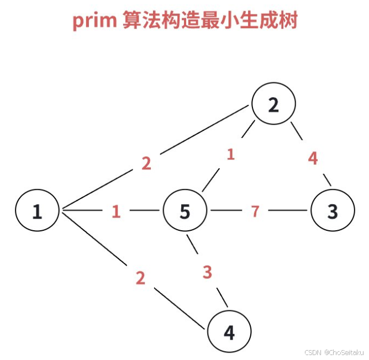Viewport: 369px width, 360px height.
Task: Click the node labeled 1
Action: [x=37, y=211]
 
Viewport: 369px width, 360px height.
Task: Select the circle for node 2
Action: [x=273, y=104]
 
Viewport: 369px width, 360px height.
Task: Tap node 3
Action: [x=332, y=211]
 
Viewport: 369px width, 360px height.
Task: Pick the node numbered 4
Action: [x=229, y=332]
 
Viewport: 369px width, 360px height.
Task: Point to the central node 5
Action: [x=185, y=211]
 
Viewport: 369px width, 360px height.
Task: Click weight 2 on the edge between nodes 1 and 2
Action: [x=146, y=163]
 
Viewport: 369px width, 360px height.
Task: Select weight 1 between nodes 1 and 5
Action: [x=116, y=211]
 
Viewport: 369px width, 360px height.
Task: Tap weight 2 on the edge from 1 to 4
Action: [x=140, y=278]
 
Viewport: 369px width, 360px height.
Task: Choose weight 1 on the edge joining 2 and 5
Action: [x=230, y=154]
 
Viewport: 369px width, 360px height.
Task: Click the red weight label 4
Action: [x=313, y=158]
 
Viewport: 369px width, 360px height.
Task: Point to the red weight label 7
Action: [x=255, y=211]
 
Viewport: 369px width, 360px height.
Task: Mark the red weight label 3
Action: [x=207, y=272]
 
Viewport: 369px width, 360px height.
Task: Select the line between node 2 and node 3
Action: [x=298, y=133]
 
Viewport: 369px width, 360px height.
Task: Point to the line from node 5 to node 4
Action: [x=193, y=243]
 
